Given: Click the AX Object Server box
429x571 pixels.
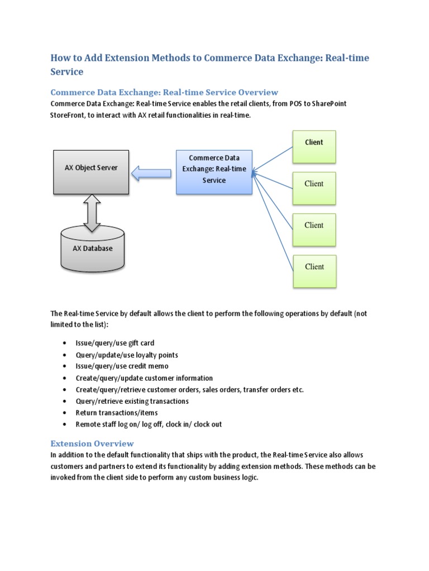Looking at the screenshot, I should (91, 172).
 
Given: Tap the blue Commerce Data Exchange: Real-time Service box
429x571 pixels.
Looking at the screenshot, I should (214, 171).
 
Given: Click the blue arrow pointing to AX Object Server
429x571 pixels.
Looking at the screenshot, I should (151, 174).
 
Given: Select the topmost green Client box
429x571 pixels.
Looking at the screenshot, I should (314, 147).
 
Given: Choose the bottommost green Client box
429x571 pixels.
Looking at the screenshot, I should (314, 271).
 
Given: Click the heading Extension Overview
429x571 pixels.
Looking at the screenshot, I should (92, 443).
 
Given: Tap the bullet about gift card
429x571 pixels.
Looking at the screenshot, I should (115, 343).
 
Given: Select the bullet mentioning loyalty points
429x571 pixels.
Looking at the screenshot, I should (127, 355).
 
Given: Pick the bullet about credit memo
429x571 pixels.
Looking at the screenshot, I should (122, 366).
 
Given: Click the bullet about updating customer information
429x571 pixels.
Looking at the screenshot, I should (144, 378).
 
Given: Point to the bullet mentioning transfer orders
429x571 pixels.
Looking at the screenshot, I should (189, 390).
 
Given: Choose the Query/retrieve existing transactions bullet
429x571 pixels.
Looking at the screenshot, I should (132, 401).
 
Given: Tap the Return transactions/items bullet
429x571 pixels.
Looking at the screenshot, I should (116, 413).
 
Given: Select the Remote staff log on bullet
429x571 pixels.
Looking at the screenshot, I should (149, 424).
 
